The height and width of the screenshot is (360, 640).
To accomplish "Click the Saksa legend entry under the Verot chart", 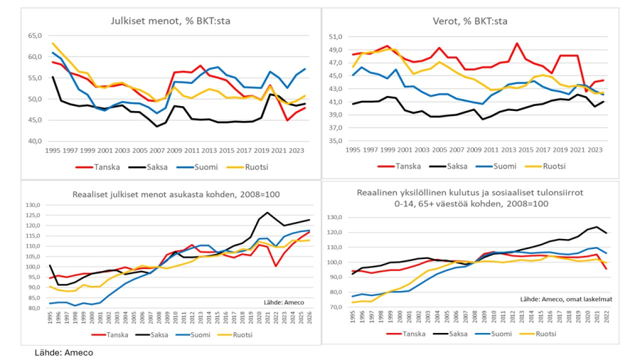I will [449, 166].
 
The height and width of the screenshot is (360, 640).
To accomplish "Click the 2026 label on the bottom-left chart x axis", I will [309, 318].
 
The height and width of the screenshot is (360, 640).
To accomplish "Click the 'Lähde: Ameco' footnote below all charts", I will [64, 352].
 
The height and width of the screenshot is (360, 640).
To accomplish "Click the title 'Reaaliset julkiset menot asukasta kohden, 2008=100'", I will [169, 193].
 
